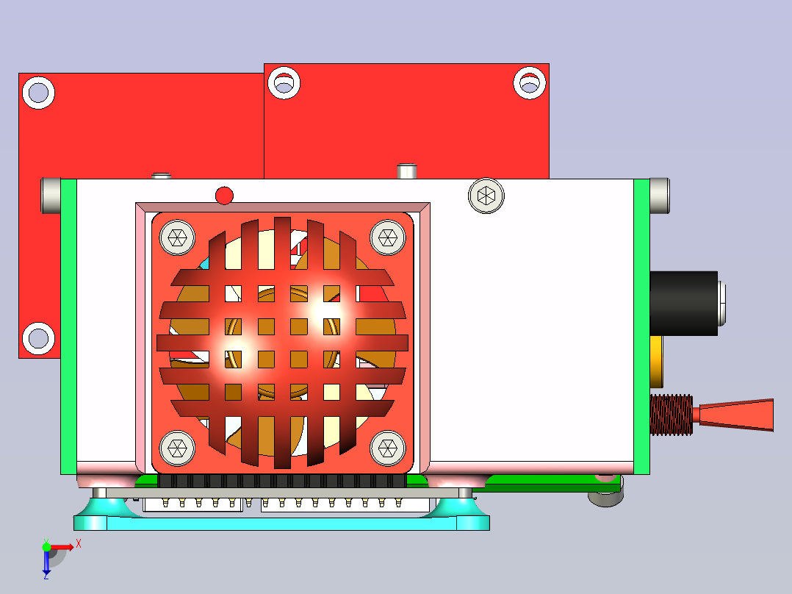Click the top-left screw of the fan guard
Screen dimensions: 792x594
177,237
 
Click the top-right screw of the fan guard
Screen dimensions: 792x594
388,237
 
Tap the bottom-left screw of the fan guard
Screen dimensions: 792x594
177,448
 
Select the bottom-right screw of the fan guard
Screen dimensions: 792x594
388,448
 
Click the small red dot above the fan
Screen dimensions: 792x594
224,196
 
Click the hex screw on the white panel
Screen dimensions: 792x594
486,196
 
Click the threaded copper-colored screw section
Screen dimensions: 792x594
672,415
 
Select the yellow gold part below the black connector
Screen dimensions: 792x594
656,362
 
